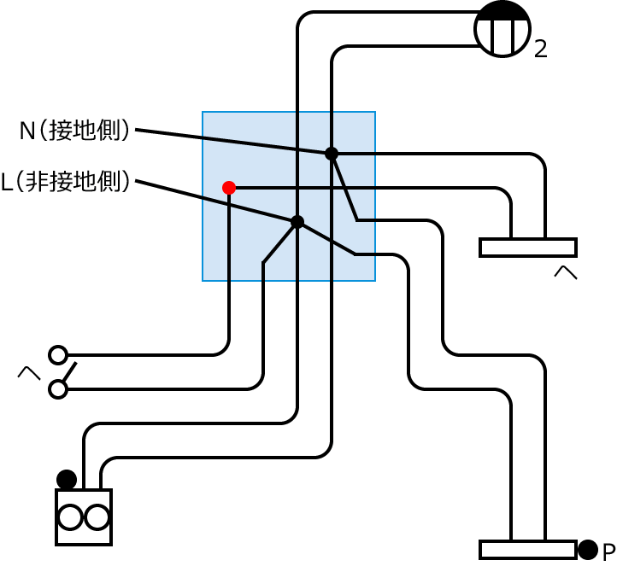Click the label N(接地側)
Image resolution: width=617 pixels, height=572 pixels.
tap(75, 131)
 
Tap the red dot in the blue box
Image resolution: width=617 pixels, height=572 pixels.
tap(229, 188)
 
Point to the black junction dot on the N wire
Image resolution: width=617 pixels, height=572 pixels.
tap(332, 154)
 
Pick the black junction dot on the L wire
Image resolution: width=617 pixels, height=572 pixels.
tap(297, 222)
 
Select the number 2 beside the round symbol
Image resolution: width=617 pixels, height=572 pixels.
tap(540, 50)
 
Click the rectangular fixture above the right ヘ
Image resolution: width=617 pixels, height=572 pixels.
tap(528, 248)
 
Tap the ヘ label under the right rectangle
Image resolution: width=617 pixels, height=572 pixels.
tap(565, 273)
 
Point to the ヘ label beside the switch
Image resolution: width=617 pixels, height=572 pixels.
tap(30, 372)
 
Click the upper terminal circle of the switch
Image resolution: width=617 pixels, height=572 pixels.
tap(58, 354)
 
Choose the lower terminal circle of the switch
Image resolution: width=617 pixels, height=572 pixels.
tap(58, 389)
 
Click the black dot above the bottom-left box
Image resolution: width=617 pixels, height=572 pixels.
tap(67, 479)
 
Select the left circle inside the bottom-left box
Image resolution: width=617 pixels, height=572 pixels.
tap(71, 517)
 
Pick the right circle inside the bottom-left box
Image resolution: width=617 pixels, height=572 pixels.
tap(97, 517)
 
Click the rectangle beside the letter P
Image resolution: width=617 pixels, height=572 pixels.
tap(528, 549)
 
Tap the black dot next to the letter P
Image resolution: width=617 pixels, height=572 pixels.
tap(587, 550)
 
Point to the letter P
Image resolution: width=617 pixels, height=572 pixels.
tap(608, 552)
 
